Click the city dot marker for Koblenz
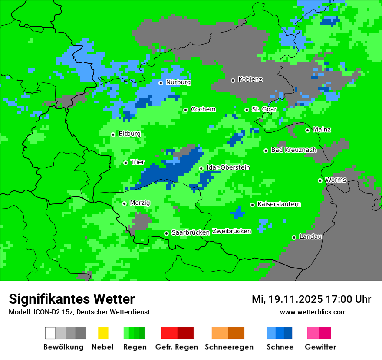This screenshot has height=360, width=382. pos(233,80)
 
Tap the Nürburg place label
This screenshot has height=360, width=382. pos(178,82)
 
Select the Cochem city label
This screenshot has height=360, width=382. pos(203,109)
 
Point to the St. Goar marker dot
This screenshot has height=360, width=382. pos(247,110)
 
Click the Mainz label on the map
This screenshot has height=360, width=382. pos(322,130)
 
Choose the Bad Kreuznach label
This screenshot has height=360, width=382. pos(293,150)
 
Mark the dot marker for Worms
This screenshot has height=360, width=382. pos(320,180)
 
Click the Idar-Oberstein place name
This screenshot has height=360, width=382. pos(228,168)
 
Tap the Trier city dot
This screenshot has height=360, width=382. pos(125,163)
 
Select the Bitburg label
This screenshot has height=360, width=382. pos(129,134)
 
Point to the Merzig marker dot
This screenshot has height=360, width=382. pos(124,203)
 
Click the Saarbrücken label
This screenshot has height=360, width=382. pos(191,233)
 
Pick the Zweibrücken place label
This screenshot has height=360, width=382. pos(231,231)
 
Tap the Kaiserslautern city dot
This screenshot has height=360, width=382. pos(252,205)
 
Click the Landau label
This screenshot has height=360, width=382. pos(310,237)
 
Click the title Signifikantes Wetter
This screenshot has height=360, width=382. pos(72,299)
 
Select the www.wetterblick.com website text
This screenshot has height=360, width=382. pos(313,312)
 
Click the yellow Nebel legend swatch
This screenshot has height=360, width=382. pos(103,333)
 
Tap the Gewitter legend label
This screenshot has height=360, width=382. pos(320,347)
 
